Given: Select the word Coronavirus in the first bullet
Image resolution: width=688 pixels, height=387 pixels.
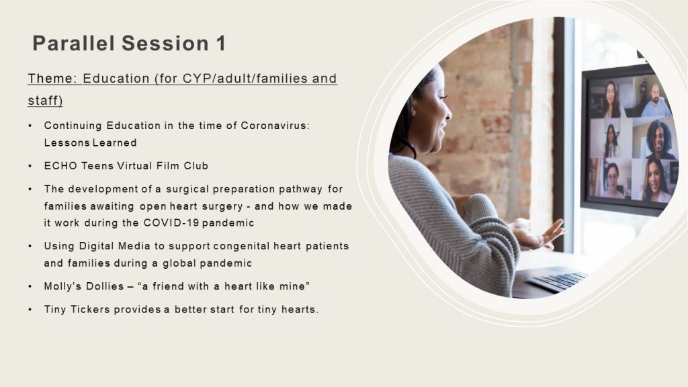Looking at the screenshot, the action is [275, 126].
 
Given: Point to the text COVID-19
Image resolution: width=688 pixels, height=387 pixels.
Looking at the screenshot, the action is [171, 223].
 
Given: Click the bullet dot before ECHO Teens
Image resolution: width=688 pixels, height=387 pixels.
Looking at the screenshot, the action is [30, 167].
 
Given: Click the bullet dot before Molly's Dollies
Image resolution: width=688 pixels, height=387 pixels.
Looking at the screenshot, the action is [30, 286].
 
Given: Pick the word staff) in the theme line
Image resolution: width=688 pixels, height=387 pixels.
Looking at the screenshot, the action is [45, 101].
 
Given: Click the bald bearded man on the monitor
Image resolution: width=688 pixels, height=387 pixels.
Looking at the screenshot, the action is [655, 101].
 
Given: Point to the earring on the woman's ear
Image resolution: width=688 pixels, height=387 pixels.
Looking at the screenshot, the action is [413, 112].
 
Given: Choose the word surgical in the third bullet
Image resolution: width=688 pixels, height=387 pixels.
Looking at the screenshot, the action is [187, 189].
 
